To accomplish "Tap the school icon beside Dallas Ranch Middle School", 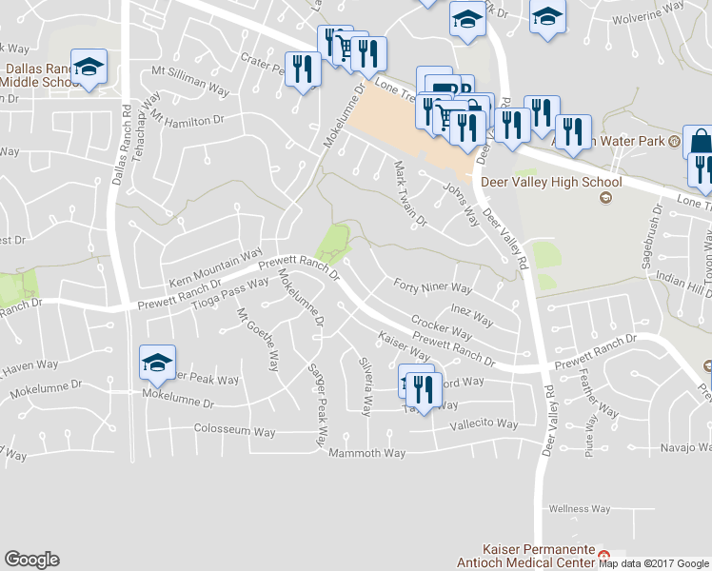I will point(89,67).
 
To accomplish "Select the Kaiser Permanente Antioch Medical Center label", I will point(539,557).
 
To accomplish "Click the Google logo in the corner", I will point(31,560).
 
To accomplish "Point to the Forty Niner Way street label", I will point(433,287).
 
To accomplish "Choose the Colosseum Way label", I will point(234,431).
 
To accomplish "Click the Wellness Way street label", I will point(579,509).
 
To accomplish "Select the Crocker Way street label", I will point(441,327).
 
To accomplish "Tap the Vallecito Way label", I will point(485,424).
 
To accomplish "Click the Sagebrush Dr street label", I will point(651,251).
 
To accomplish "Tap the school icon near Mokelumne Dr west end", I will point(157,362).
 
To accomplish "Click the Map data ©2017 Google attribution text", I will point(654,563).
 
